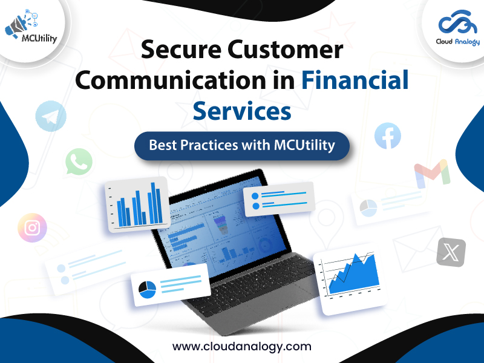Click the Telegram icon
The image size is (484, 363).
click(50, 116)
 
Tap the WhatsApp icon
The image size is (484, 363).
click(79, 162)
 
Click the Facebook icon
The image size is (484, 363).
click(388, 136)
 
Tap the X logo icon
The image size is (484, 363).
click(451, 252)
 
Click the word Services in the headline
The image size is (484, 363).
click(242, 111)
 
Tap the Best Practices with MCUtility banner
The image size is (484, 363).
click(242, 146)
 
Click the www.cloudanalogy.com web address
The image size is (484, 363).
click(242, 347)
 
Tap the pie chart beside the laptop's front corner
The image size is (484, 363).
click(147, 289)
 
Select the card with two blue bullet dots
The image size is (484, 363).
click(279, 199)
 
